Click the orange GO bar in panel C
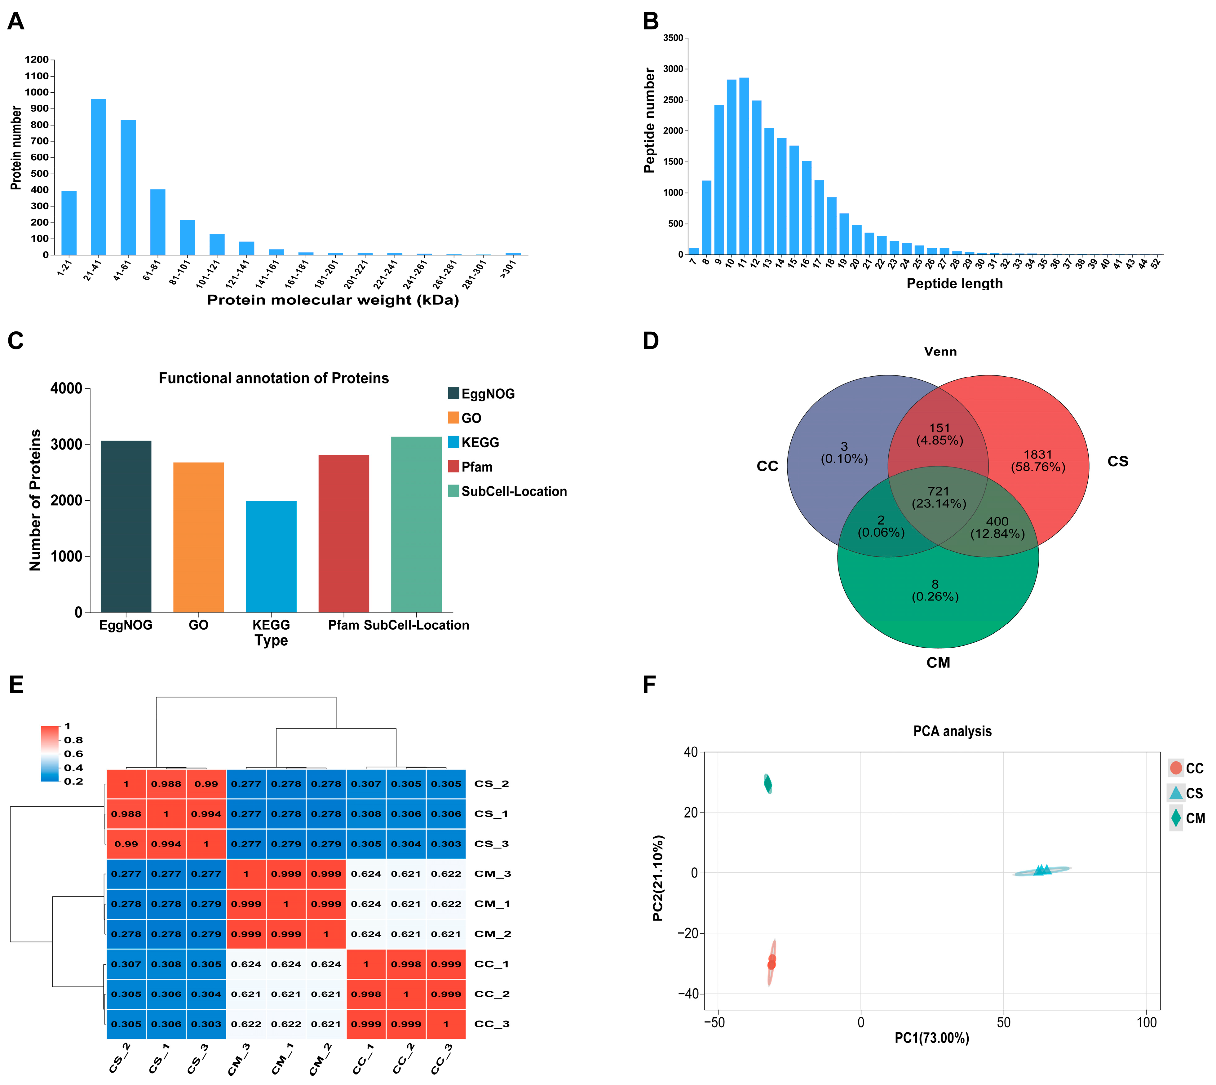pyautogui.click(x=198, y=537)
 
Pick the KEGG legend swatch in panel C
pyautogui.click(x=453, y=442)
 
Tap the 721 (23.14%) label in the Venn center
pyautogui.click(x=938, y=497)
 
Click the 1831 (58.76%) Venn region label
pyautogui.click(x=1038, y=460)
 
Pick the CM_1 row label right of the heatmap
pyautogui.click(x=492, y=904)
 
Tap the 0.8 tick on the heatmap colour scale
pyautogui.click(x=73, y=740)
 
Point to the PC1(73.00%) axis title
pyautogui.click(x=932, y=1038)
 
